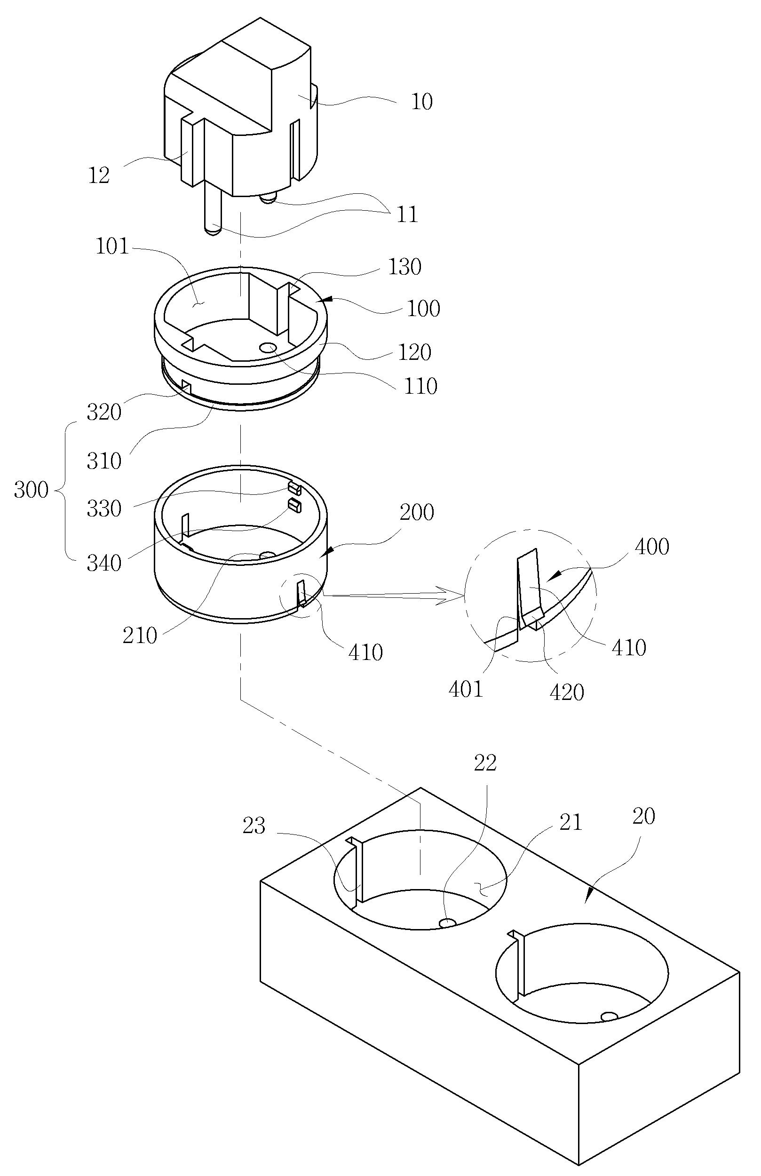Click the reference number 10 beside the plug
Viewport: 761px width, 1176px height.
point(422,102)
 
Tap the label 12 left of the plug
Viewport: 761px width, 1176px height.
point(99,175)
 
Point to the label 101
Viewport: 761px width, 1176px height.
point(112,246)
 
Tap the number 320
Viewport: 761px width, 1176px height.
point(104,412)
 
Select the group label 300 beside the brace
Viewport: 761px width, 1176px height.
point(31,490)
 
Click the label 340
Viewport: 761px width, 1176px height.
point(104,563)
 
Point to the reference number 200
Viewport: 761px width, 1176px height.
point(417,512)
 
